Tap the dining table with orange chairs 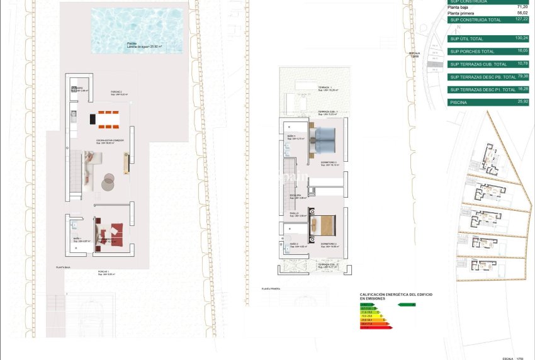[x=108, y=118]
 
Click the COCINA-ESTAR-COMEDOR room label [x=110, y=141]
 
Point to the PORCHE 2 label [x=116, y=93]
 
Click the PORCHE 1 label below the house [x=104, y=272]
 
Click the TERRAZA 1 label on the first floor [x=324, y=88]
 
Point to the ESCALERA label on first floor [x=295, y=195]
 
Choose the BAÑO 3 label [x=291, y=136]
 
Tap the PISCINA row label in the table [x=459, y=102]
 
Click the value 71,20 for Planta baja [x=522, y=6]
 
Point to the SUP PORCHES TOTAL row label [x=473, y=52]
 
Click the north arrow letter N [x=459, y=28]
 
